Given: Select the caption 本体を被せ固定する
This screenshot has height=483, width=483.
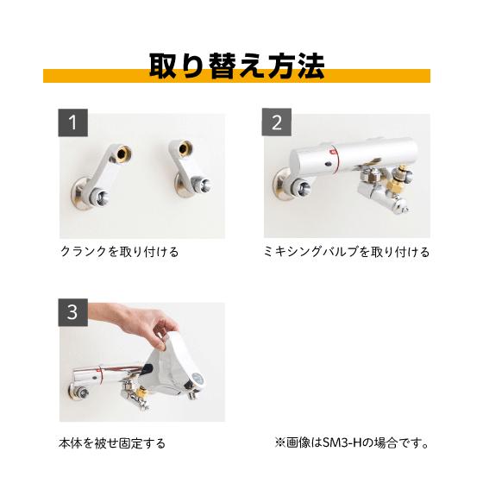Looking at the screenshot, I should click(x=113, y=443).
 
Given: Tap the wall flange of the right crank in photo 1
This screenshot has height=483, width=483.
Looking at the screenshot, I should click(x=183, y=185).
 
